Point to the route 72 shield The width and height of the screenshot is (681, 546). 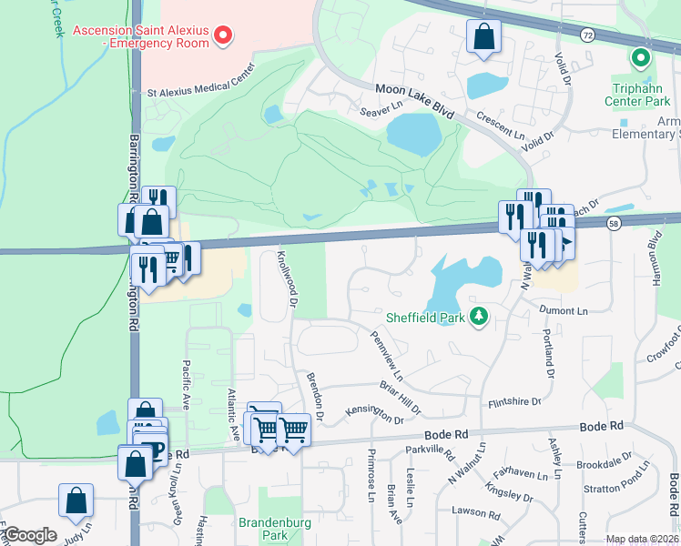pos(587,35)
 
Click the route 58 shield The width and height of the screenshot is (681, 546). pos(615,223)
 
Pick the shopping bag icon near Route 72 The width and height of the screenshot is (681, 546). pos(484,37)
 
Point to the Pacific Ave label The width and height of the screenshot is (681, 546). pos(186,385)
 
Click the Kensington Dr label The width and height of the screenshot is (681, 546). pos(374,415)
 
